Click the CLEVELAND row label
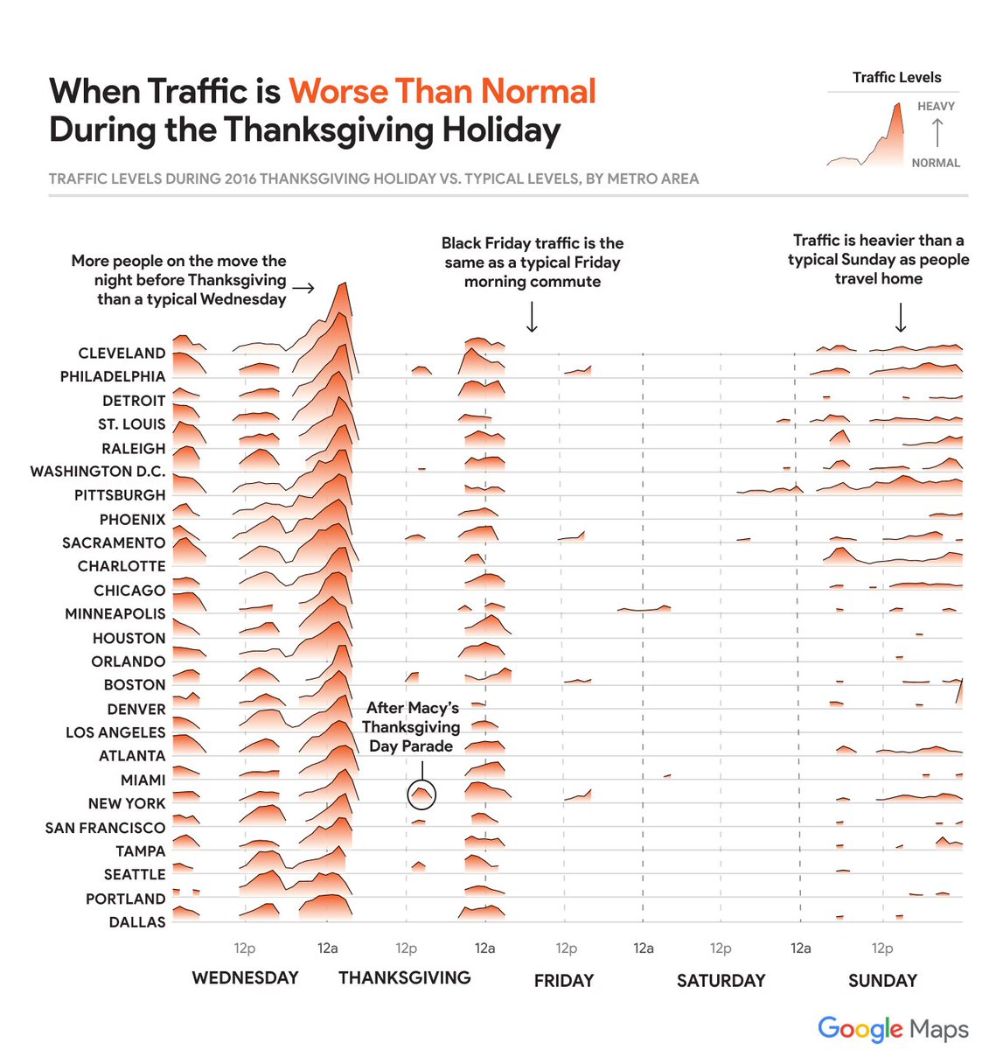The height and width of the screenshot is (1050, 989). pos(122,353)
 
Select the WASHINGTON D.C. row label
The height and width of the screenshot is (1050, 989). pos(98,472)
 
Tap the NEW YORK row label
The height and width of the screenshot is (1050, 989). pos(127,803)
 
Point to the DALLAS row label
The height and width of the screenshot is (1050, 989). pos(137,922)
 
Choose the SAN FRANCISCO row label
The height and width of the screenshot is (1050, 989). pos(105,828)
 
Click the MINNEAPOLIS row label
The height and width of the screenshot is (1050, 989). pos(115,614)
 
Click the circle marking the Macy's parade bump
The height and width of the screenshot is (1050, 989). pos(421,794)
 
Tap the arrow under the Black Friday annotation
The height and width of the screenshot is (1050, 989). pos(532,317)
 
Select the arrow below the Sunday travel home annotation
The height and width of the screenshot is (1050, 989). pos(901,317)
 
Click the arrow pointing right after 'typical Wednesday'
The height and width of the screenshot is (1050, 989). pos(303,287)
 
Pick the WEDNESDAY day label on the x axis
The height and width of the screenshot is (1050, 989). pos(245,978)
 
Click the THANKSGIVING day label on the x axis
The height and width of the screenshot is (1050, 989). pos(405,978)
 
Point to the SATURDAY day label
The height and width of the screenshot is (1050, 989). pos(721,981)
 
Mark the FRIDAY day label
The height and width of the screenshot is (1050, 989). pos(564,981)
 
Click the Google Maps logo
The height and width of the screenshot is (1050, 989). pos(893,1029)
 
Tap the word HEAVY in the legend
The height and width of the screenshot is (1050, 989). pos(936,107)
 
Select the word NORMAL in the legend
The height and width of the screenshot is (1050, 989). pos(936,163)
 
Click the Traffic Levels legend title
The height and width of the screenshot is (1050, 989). pos(896,78)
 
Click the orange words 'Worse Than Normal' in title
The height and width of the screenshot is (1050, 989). pos(442,92)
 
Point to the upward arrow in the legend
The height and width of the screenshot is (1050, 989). pos(937,133)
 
